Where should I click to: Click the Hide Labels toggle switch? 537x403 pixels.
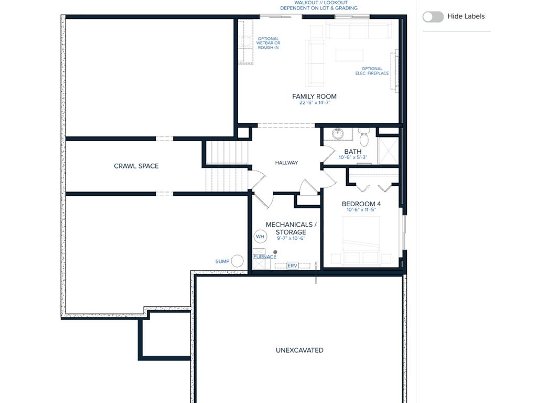tap(433, 16)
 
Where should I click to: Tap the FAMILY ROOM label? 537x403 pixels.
tap(314, 97)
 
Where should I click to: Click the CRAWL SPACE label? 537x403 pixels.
tap(136, 166)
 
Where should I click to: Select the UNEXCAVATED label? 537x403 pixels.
tap(299, 350)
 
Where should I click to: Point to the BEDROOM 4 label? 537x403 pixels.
tap(361, 204)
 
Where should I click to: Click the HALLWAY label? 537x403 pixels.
tap(286, 163)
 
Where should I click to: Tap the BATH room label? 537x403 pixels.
tap(353, 152)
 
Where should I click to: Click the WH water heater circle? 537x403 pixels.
tap(260, 237)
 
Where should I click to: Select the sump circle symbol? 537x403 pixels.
tap(237, 261)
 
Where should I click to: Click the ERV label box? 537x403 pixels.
tap(292, 266)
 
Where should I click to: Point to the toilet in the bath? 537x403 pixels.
tap(364, 137)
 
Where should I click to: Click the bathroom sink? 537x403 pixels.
tap(338, 134)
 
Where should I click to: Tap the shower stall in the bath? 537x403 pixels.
tap(388, 151)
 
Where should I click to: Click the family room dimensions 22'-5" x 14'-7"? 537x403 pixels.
tap(315, 102)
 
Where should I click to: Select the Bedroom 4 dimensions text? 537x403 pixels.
tap(361, 210)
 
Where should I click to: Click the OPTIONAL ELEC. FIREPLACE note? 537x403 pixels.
tap(372, 71)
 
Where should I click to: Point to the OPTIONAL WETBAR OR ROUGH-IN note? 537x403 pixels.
tap(268, 43)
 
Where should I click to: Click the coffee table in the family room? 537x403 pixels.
tap(349, 56)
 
